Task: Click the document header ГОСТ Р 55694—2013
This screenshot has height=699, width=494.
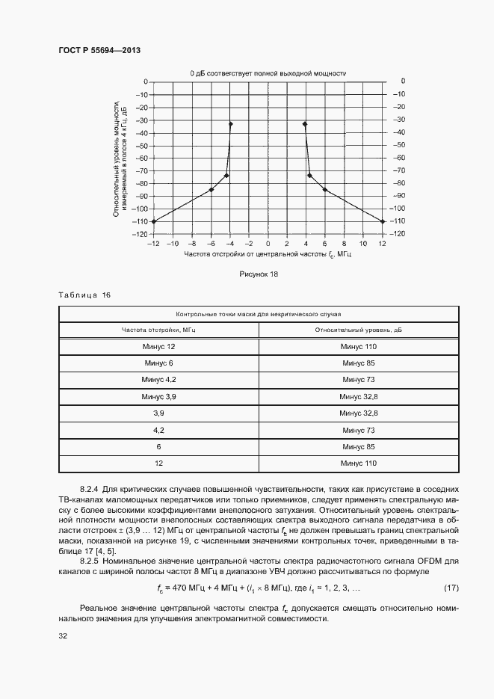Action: pos(99,50)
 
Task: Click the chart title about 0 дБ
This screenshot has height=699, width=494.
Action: pos(268,73)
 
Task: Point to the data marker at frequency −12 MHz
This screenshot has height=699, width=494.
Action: pos(153,221)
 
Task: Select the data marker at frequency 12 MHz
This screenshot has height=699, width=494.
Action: pos(383,221)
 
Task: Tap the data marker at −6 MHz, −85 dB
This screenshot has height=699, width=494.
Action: pos(212,190)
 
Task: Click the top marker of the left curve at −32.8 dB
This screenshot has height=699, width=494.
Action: pos(231,124)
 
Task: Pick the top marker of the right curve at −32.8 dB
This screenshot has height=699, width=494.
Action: pos(305,124)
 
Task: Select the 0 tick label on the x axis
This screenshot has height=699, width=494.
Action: pos(268,244)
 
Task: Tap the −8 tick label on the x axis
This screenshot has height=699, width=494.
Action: pos(191,244)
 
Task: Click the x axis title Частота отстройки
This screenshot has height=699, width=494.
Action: pos(268,255)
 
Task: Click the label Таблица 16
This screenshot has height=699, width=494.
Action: pos(84,295)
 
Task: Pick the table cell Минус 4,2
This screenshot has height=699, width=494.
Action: pos(158,380)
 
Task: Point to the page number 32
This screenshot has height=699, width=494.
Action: pos(63,637)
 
